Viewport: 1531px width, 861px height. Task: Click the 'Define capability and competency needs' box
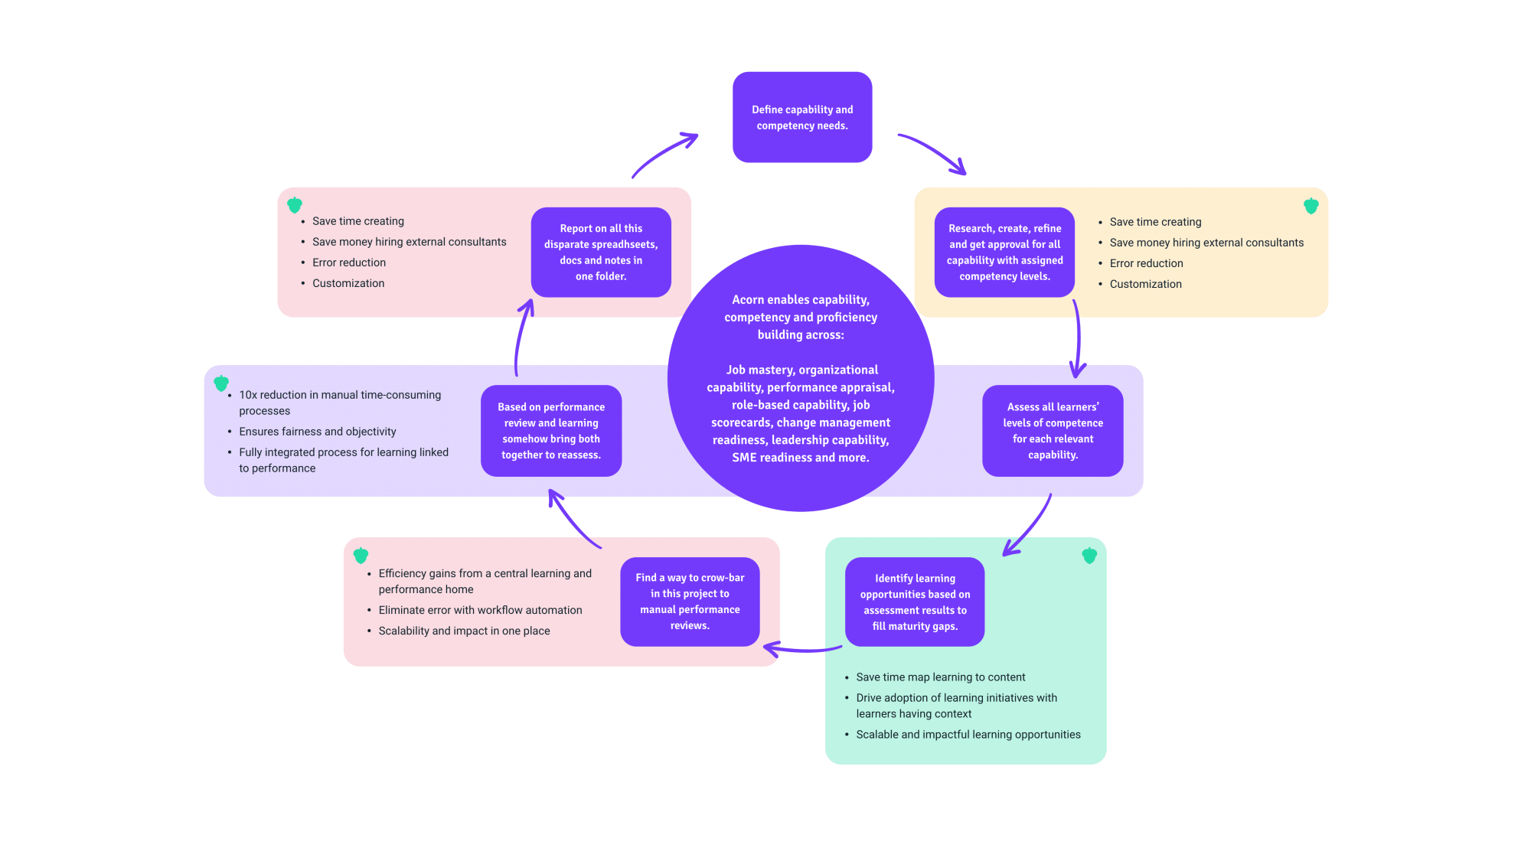click(x=802, y=117)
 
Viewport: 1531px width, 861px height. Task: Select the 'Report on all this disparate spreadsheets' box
click(x=601, y=252)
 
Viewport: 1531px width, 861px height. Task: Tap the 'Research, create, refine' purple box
click(x=1004, y=252)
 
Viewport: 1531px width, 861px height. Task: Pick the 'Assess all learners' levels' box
click(x=1053, y=431)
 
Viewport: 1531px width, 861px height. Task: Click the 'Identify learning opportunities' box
click(x=915, y=602)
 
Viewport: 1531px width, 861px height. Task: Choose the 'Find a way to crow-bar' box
click(x=690, y=602)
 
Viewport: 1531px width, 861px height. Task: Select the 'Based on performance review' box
click(x=551, y=431)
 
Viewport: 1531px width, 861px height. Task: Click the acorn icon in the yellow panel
click(x=1311, y=206)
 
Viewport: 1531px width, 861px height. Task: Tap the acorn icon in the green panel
click(x=1089, y=556)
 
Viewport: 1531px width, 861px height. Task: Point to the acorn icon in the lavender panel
click(x=221, y=383)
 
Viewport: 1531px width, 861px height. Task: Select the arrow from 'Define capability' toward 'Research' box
click(x=933, y=153)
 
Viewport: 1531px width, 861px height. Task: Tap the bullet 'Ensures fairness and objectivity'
click(x=317, y=432)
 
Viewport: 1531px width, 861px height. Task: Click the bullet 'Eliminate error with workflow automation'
click(x=480, y=610)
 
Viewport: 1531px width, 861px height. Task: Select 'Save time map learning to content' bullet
click(x=940, y=677)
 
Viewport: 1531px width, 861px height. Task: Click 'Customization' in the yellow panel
click(x=1145, y=284)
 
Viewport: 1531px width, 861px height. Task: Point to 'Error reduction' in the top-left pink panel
click(x=348, y=263)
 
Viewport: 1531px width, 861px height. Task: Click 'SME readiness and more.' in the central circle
click(x=800, y=458)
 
